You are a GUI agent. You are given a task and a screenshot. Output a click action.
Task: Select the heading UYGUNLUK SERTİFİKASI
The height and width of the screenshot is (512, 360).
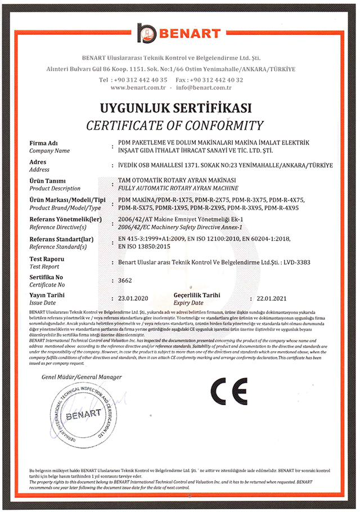point(175,108)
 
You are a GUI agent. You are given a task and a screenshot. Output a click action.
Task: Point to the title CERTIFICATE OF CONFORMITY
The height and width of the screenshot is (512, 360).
point(174,124)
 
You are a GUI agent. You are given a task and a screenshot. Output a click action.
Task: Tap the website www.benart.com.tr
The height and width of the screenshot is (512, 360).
point(137,88)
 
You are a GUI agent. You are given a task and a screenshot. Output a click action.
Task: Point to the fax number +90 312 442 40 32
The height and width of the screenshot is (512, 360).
point(217,80)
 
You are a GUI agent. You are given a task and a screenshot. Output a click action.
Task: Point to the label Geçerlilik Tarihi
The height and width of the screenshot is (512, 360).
point(197,294)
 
